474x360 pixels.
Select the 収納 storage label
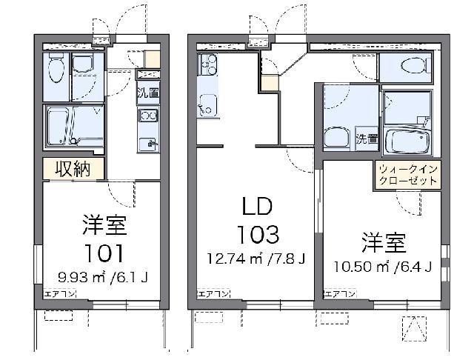tap(73, 169)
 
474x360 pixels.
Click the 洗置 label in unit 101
tap(148, 93)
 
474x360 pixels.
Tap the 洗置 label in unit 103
tap(367, 138)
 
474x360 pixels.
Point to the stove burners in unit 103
tap(205, 65)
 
